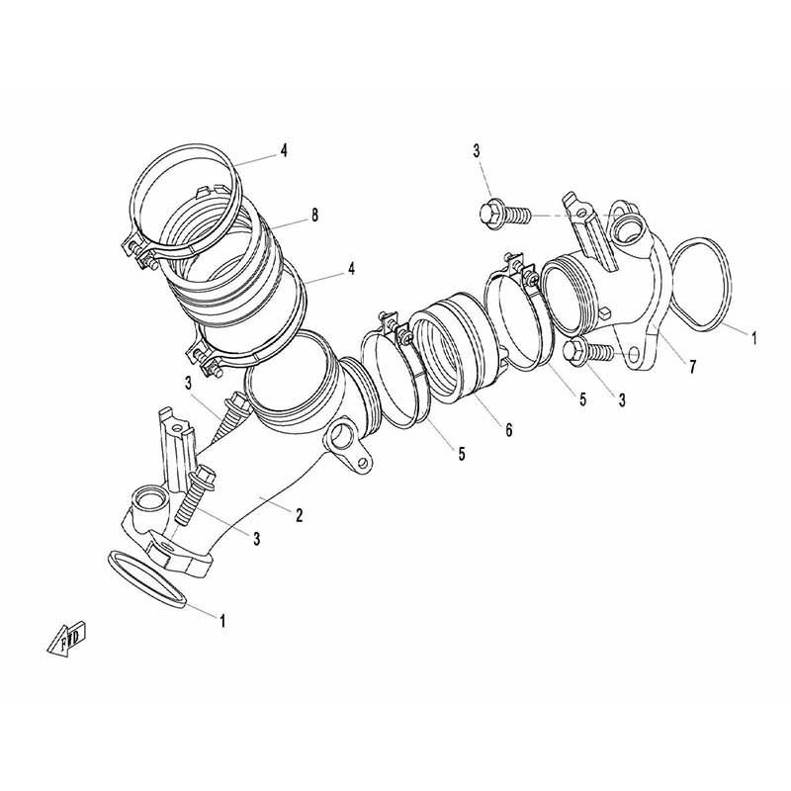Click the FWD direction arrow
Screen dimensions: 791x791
tap(67, 639)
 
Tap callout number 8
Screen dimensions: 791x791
tap(314, 216)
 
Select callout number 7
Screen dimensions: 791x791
tap(693, 367)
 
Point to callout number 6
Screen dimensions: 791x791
tap(509, 430)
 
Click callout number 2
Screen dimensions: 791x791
tap(300, 515)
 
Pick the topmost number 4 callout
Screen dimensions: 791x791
tap(284, 150)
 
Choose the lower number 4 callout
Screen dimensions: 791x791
tap(351, 268)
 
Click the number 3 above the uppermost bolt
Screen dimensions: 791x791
tap(477, 151)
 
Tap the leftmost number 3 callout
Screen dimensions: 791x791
tap(189, 384)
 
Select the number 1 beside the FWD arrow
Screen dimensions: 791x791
tap(221, 620)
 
